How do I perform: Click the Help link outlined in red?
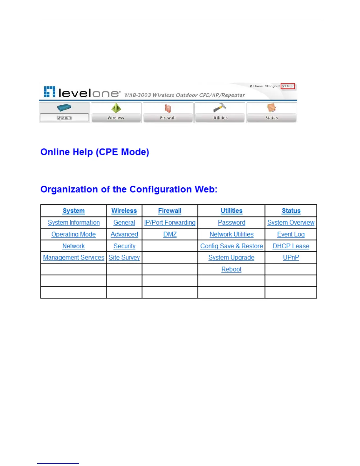288,86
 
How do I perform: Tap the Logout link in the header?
273,86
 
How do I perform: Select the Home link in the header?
256,86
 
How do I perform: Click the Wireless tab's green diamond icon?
116,108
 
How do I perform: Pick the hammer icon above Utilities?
219,108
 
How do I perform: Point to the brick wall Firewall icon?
168,108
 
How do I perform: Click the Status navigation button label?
271,118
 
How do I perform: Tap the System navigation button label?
64,118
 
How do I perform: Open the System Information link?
74,223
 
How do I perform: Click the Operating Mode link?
74,234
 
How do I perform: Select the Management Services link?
74,258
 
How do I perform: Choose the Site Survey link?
124,258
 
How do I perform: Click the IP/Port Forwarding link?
170,223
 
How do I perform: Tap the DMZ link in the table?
170,234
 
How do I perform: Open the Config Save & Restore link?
231,246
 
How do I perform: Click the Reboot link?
231,269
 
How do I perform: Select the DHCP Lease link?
291,246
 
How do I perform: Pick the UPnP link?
291,258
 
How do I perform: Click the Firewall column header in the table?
170,211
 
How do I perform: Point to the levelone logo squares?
49,92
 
